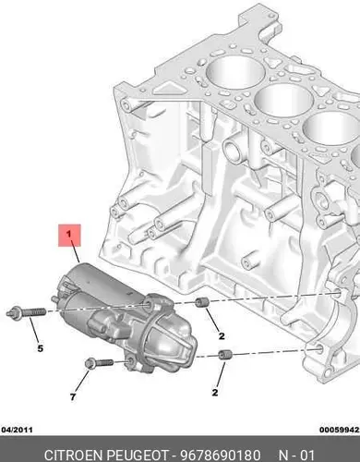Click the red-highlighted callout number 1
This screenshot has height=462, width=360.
69,234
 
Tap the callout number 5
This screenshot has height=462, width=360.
41,348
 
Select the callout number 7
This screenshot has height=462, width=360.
73,397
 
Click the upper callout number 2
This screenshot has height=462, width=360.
222,335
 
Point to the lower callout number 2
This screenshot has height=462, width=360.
215,393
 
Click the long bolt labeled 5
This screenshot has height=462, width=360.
26,312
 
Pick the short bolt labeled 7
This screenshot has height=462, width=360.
99,363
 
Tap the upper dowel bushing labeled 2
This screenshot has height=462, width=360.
201,302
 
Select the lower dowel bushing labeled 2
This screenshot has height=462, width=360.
225,355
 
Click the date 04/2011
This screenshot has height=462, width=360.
17,430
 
